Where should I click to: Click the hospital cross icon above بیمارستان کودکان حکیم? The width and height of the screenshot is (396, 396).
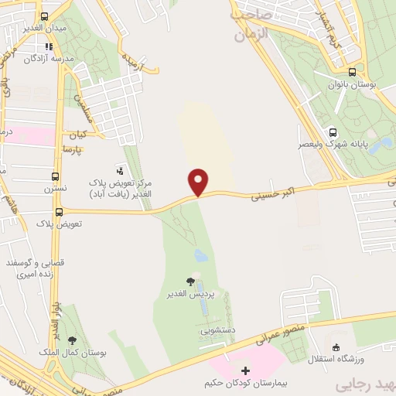pyautogui.click(x=246, y=370)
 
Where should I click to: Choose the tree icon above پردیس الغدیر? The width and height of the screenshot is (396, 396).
pyautogui.click(x=191, y=282)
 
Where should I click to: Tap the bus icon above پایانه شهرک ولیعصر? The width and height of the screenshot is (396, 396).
pyautogui.click(x=332, y=131)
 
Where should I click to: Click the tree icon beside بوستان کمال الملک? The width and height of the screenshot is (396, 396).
pyautogui.click(x=72, y=340)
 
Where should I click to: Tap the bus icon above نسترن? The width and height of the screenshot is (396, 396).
pyautogui.click(x=55, y=176)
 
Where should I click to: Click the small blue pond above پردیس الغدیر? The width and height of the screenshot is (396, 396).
pyautogui.click(x=201, y=254)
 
